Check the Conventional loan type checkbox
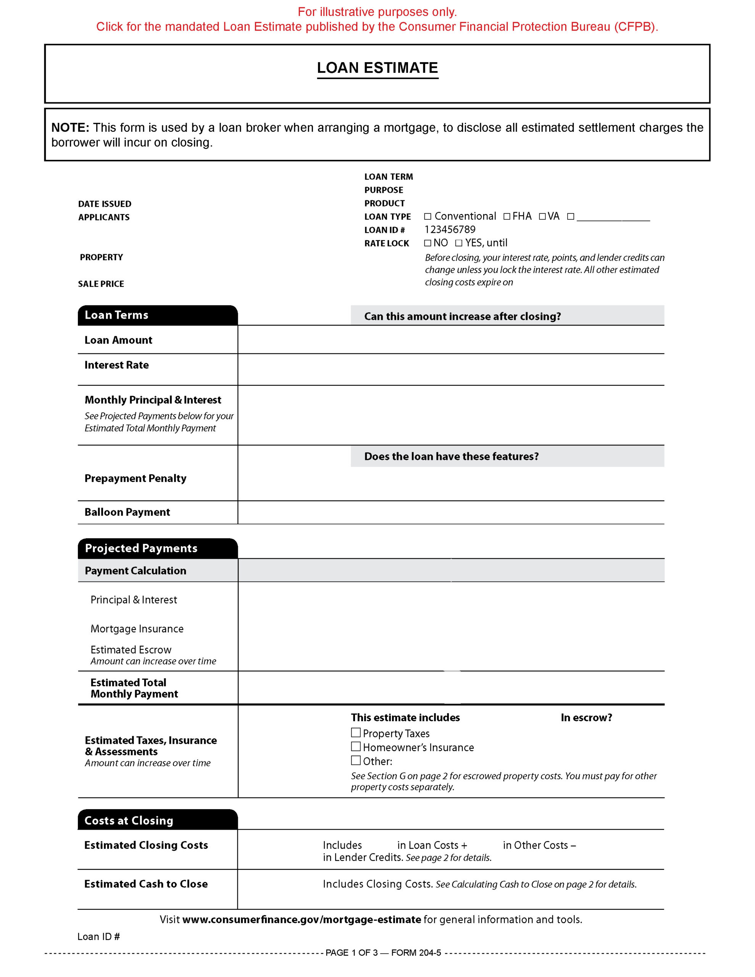click(428, 216)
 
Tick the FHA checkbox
click(507, 216)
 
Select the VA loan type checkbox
click(542, 216)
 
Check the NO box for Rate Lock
click(428, 243)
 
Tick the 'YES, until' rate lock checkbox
click(459, 243)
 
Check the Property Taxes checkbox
click(356, 733)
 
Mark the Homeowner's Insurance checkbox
click(356, 746)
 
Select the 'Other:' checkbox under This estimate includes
click(356, 761)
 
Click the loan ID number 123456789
click(450, 229)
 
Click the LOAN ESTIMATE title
click(377, 68)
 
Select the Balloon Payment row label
click(127, 512)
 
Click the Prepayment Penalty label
click(135, 478)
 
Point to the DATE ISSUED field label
click(105, 204)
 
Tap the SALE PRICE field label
click(101, 284)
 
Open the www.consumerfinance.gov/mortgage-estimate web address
click(302, 920)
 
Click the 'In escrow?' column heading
click(586, 717)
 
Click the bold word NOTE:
click(70, 128)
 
